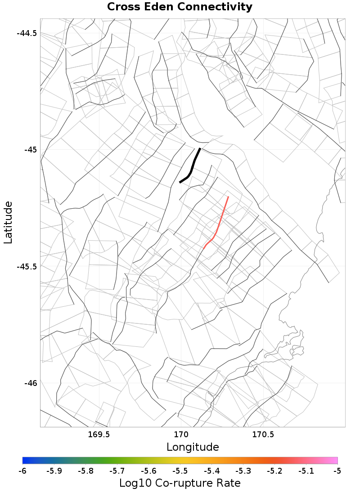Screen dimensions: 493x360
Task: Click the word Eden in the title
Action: [x=159, y=7]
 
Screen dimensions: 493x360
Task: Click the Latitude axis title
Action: [x=9, y=223]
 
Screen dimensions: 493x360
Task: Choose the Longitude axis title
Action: [x=193, y=447]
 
